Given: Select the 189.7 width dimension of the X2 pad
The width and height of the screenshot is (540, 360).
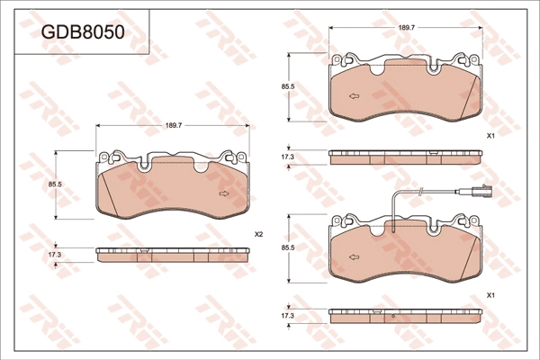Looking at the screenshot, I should (174, 125).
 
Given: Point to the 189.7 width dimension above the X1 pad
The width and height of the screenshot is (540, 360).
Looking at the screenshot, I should (406, 29).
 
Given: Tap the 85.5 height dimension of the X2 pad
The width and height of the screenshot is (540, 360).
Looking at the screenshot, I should (55, 184).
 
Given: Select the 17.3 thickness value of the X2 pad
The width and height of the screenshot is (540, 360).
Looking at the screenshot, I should (55, 255).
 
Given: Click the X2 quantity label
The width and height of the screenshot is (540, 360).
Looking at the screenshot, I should (258, 234).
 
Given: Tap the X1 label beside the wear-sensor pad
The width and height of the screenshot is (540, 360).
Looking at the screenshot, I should (490, 295).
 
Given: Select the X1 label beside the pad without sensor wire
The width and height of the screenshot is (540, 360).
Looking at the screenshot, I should (490, 135).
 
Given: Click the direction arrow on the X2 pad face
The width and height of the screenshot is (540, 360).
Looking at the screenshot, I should (223, 193).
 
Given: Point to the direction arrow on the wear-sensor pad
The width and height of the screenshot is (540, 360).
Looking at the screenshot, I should (355, 256).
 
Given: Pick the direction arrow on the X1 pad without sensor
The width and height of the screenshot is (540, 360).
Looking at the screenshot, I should (355, 95).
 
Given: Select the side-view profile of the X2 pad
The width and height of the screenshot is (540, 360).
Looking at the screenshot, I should (173, 255).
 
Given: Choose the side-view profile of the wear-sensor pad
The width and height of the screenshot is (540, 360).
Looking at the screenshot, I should (407, 316).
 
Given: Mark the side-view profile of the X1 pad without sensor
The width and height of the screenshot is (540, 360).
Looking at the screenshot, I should (407, 157).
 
